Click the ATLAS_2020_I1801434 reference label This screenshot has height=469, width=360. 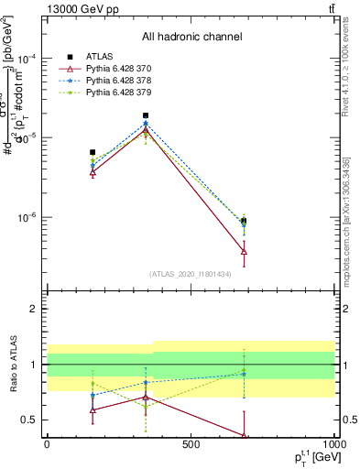point(191,274)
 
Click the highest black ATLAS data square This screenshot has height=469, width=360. point(146,115)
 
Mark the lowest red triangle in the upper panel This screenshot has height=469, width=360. point(244,251)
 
